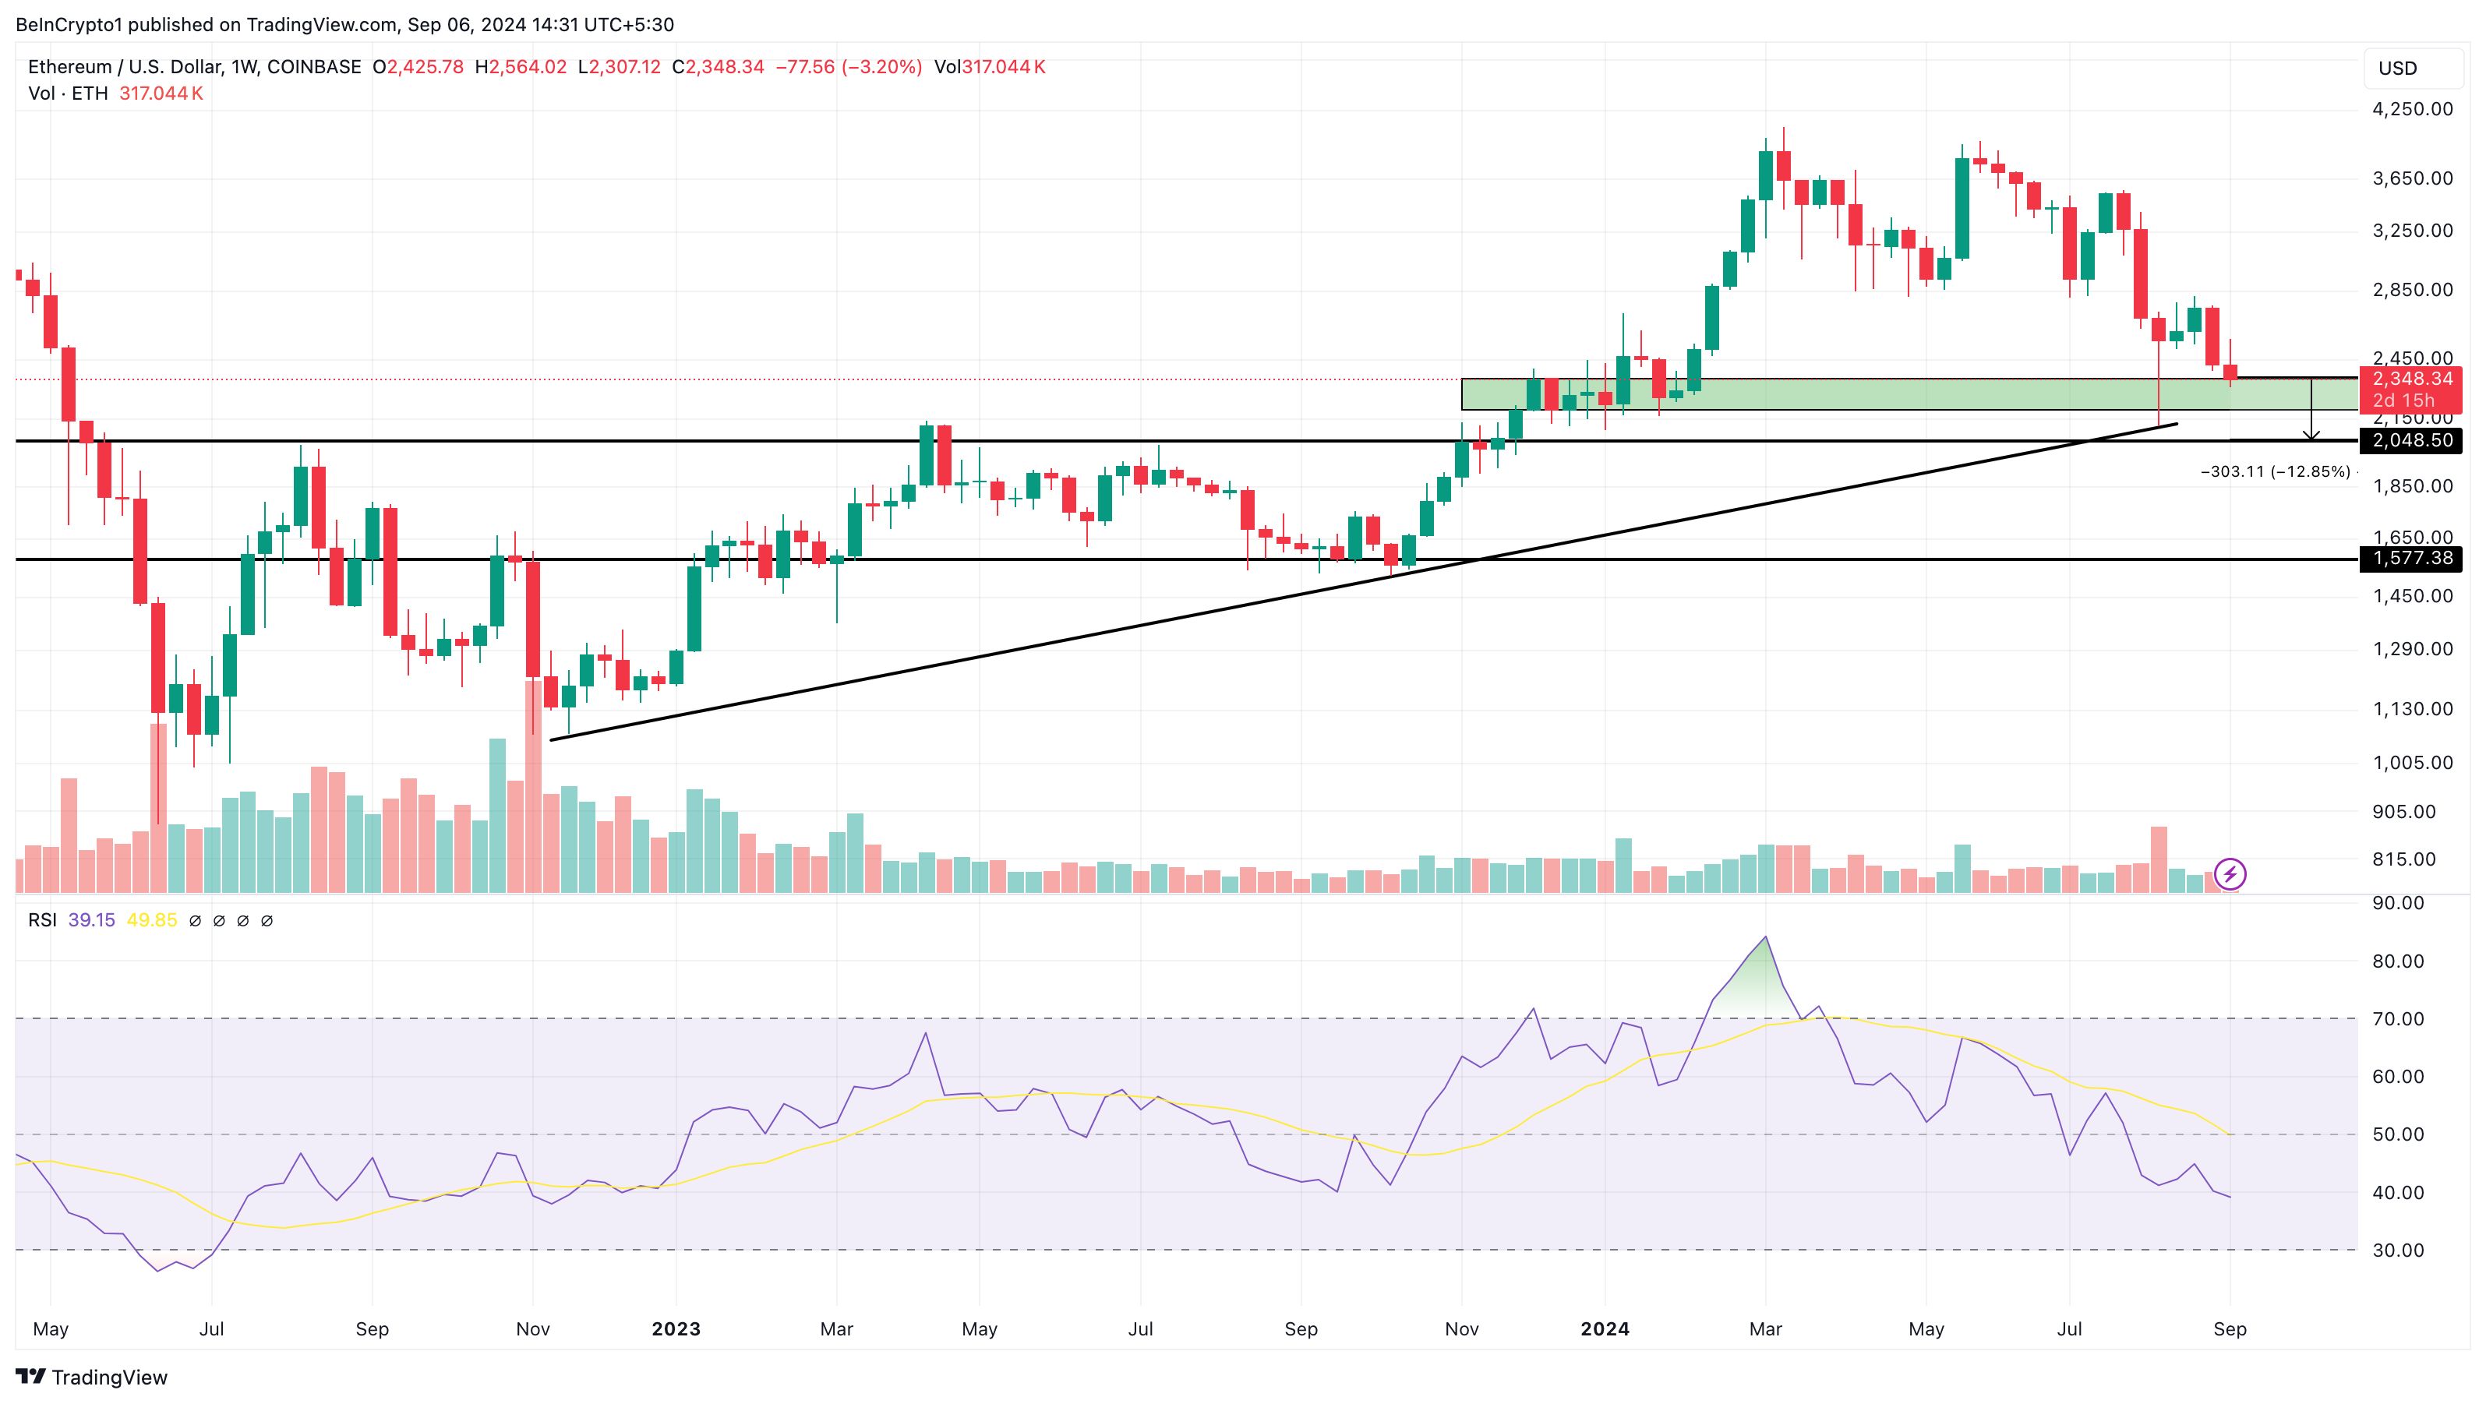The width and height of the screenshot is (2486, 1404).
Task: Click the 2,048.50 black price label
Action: [x=2410, y=440]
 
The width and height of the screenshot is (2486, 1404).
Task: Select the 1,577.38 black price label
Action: [x=2410, y=558]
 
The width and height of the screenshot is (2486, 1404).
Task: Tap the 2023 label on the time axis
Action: [x=676, y=1328]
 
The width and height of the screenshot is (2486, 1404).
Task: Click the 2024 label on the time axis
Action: [x=1605, y=1328]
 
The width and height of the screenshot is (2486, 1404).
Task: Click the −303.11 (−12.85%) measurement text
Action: [x=2275, y=472]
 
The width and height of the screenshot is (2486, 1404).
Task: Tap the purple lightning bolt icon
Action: [x=2230, y=874]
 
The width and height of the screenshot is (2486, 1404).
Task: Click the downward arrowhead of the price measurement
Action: [x=2311, y=436]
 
